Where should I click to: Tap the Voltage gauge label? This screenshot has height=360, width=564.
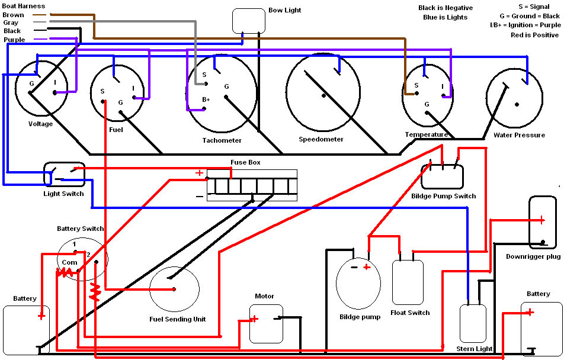point(41,124)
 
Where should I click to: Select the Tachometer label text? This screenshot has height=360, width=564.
point(222,140)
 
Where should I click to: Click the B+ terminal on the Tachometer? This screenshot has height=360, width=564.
point(206,99)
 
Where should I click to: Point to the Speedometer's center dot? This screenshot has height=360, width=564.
point(323,95)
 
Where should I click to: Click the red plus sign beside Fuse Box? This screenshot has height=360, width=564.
point(199,173)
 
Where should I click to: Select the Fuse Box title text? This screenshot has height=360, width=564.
point(246,163)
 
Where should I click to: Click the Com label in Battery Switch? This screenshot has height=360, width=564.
point(69,262)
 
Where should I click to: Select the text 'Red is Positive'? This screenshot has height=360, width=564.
point(534,36)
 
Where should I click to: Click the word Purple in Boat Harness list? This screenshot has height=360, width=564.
point(14,40)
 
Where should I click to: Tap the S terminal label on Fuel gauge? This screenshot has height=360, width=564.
point(102,92)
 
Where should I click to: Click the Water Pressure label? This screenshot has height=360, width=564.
point(519,135)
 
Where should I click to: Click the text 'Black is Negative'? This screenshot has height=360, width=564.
point(446,8)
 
